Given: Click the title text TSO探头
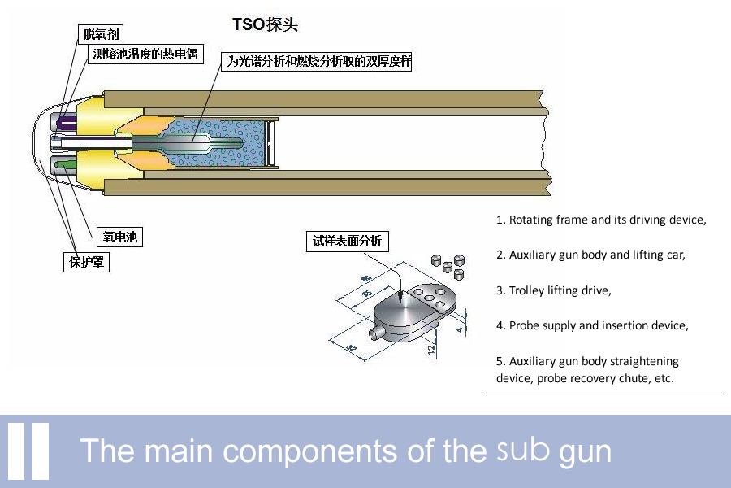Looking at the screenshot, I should pos(266,24).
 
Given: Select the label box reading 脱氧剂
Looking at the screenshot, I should pos(101,34).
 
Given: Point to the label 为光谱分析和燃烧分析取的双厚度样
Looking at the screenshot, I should pos(318,61).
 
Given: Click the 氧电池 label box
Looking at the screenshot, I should pos(119,237).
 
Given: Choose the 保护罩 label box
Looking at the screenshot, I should pos(86,263).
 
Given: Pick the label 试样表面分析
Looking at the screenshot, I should pos(347,242).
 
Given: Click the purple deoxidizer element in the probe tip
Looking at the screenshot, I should pos(63,122).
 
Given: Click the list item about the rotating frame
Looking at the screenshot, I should pos(601,220).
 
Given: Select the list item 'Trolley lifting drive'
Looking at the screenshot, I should pos(553,290).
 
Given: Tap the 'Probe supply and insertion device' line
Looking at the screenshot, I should pos(592,325).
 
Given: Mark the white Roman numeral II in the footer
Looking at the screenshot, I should pos(28,451).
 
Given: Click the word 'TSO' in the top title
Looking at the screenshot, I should pos(249,24).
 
